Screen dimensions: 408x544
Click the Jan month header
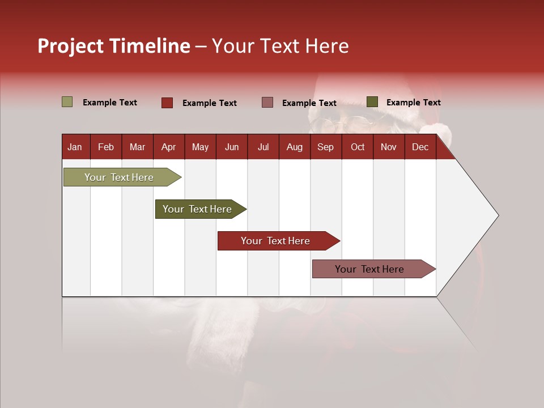point(75,147)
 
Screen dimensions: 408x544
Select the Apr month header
point(168,147)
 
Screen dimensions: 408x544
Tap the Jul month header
point(263,147)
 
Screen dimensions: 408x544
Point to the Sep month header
point(325,147)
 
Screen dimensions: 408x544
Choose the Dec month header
point(420,147)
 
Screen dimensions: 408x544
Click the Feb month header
point(106,147)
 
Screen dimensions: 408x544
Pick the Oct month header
point(358,147)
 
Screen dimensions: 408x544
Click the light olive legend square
point(67,102)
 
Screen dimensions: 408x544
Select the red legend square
point(167,103)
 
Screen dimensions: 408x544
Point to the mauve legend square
point(267,103)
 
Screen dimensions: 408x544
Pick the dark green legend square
point(372,102)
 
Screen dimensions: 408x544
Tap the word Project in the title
point(71,46)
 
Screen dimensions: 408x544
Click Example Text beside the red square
point(209,103)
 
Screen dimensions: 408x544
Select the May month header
point(200,147)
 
